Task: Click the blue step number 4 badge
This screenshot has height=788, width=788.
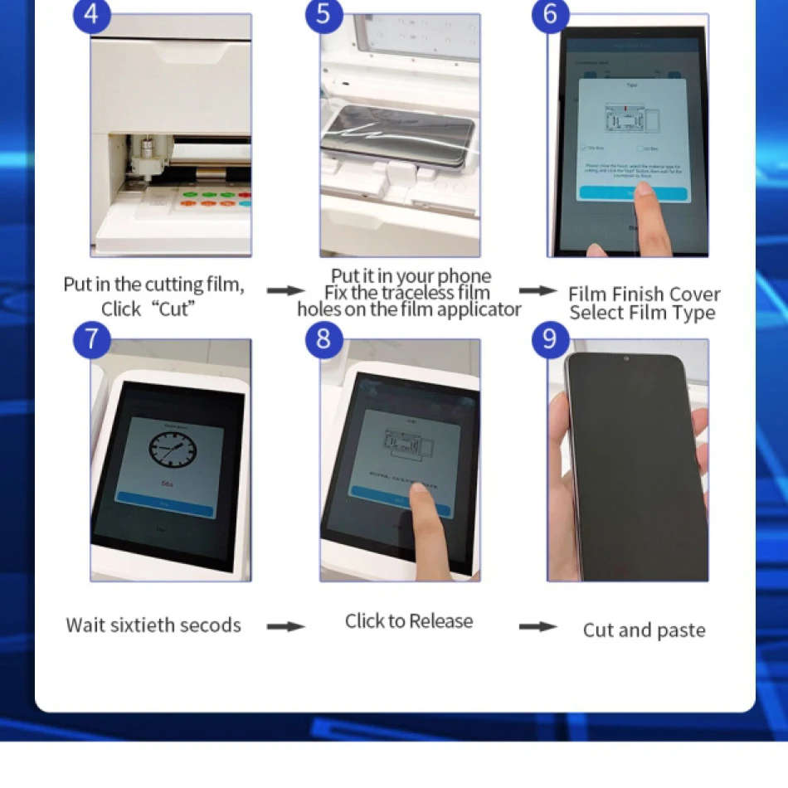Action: [x=91, y=16]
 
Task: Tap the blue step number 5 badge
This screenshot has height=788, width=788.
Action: [x=323, y=16]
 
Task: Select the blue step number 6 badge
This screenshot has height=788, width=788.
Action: [x=550, y=15]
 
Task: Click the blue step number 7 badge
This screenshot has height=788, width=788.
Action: [x=91, y=340]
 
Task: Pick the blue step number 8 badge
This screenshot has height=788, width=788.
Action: [x=323, y=340]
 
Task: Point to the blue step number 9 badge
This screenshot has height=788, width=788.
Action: [x=550, y=340]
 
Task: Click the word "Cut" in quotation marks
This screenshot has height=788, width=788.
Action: [x=174, y=309]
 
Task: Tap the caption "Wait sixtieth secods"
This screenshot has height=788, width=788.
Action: [x=153, y=625]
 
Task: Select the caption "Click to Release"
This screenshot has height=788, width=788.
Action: [x=409, y=621]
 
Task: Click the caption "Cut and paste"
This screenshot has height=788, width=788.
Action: [x=645, y=630]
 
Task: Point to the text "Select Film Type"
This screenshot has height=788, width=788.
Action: [x=642, y=314]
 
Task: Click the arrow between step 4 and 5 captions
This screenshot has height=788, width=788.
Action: [x=285, y=290]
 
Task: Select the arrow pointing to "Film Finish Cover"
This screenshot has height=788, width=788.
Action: [x=537, y=290]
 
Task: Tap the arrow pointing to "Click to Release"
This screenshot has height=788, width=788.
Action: [x=285, y=626]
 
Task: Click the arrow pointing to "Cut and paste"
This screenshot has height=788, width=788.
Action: [x=537, y=626]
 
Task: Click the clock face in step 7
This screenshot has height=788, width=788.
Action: [x=175, y=449]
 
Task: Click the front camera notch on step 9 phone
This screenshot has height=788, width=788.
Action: [x=625, y=359]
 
